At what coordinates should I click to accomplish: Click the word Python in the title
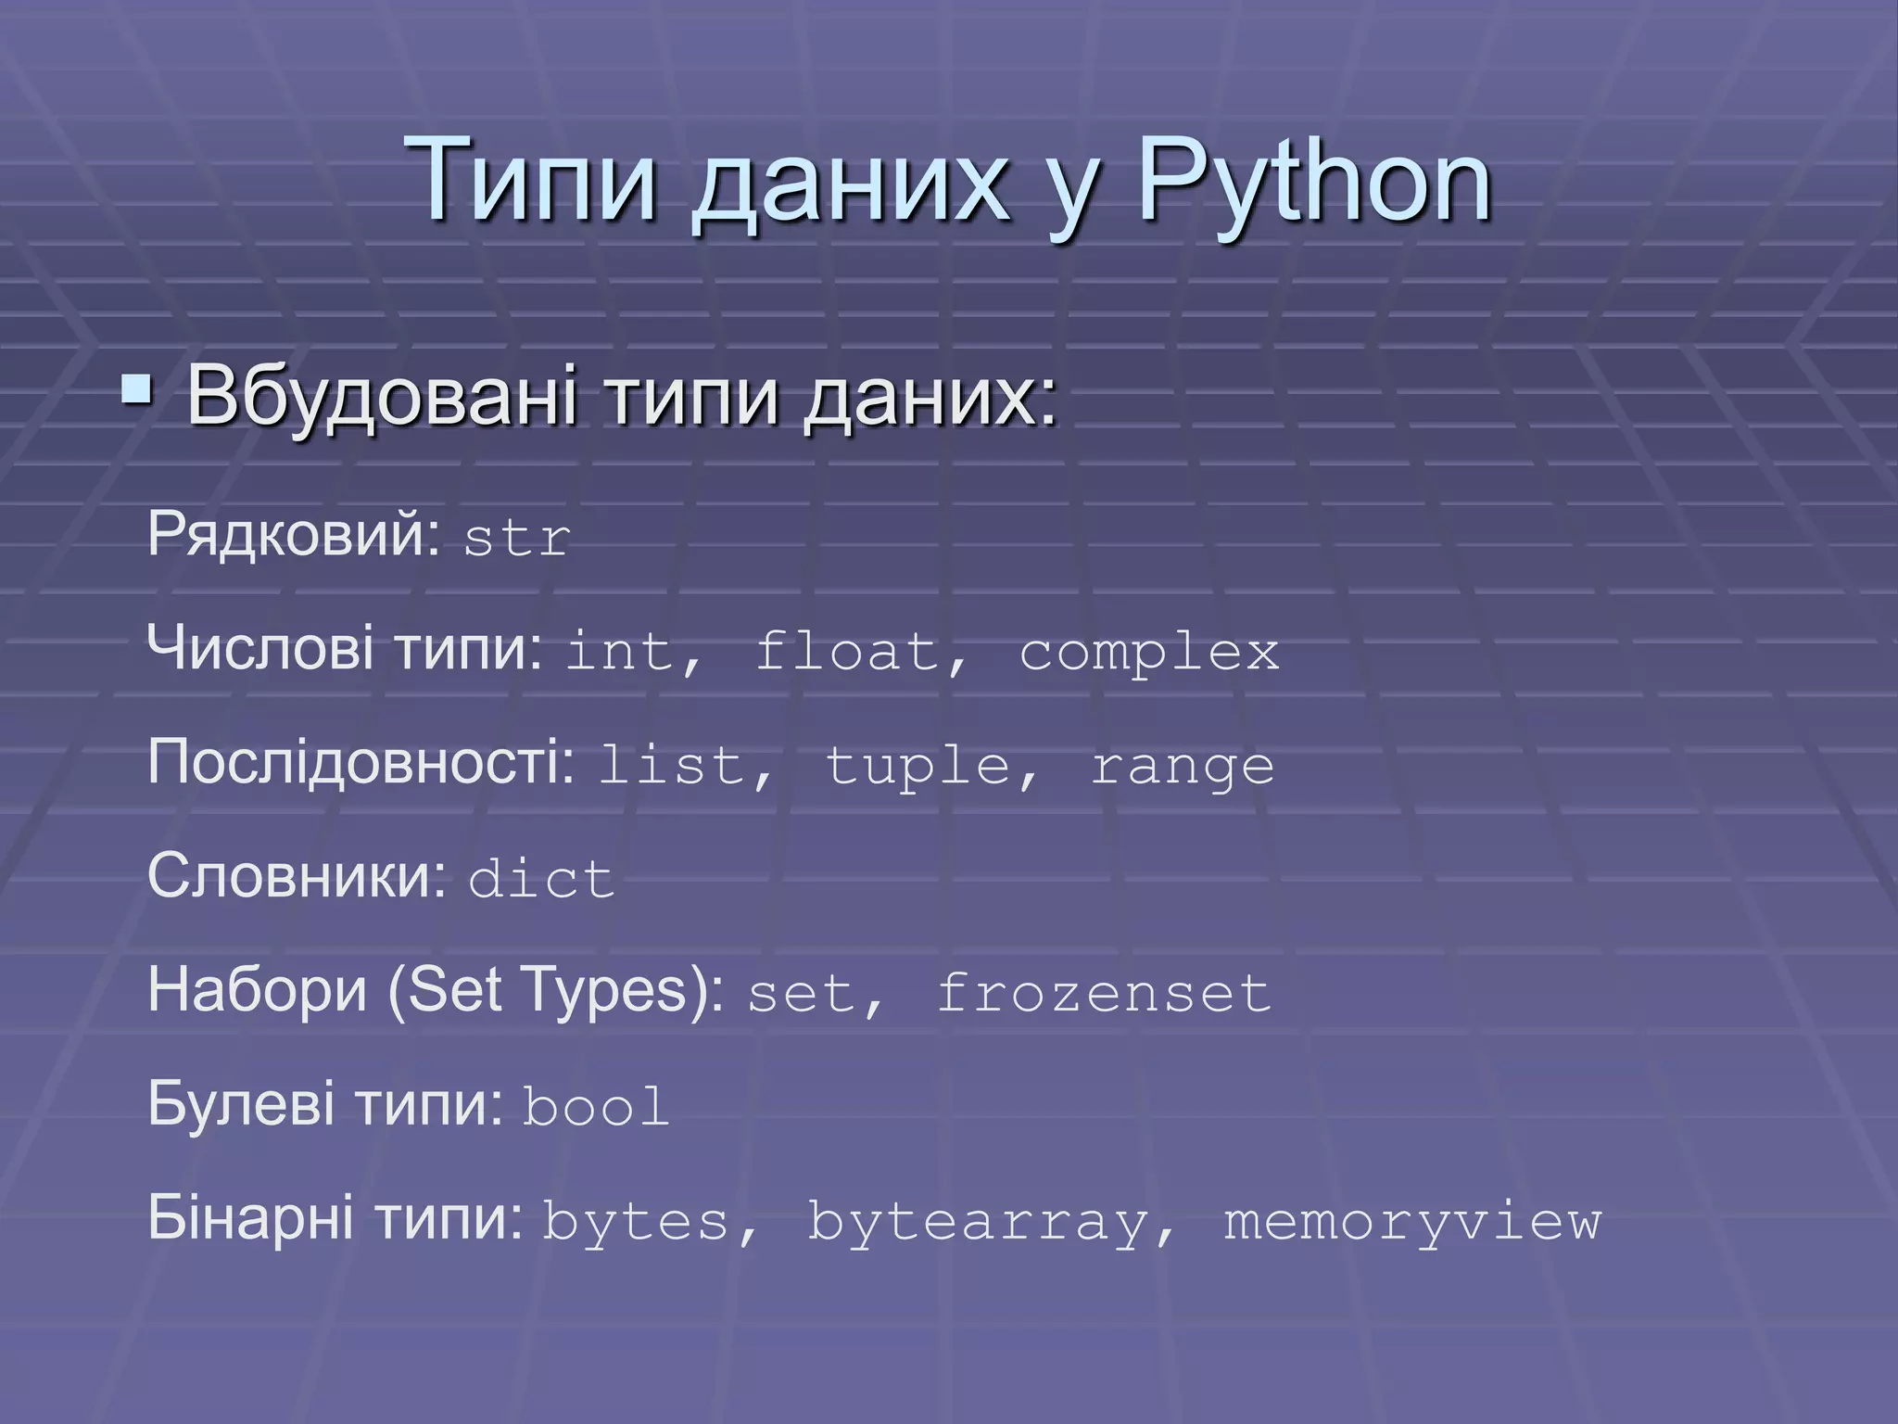tap(1314, 182)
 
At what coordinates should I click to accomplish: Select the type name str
tap(516, 539)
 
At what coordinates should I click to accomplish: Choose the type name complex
tap(1149, 653)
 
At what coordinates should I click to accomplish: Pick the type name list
tap(672, 766)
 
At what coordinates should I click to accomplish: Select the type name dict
tap(541, 879)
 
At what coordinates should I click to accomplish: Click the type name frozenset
tap(1103, 993)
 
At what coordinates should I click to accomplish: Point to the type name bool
tap(596, 1107)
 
